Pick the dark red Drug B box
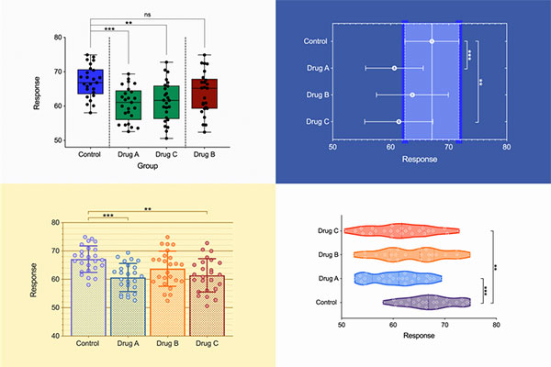[204, 94]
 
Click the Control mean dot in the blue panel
[432, 41]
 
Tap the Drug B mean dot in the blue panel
[412, 95]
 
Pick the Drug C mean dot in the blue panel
[399, 121]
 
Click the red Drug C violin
[400, 231]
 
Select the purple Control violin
[427, 301]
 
